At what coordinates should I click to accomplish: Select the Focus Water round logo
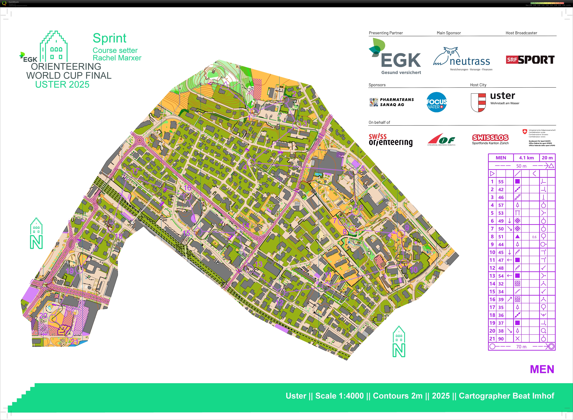click(437, 102)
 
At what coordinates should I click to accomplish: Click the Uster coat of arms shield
click(478, 102)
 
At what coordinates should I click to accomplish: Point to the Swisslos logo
click(490, 138)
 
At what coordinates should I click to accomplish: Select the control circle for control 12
click(280, 293)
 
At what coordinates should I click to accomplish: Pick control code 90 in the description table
click(501, 339)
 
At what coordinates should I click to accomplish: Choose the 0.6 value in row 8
click(534, 237)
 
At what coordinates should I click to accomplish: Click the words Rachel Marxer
click(117, 58)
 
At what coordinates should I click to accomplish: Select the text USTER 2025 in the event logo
click(62, 84)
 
